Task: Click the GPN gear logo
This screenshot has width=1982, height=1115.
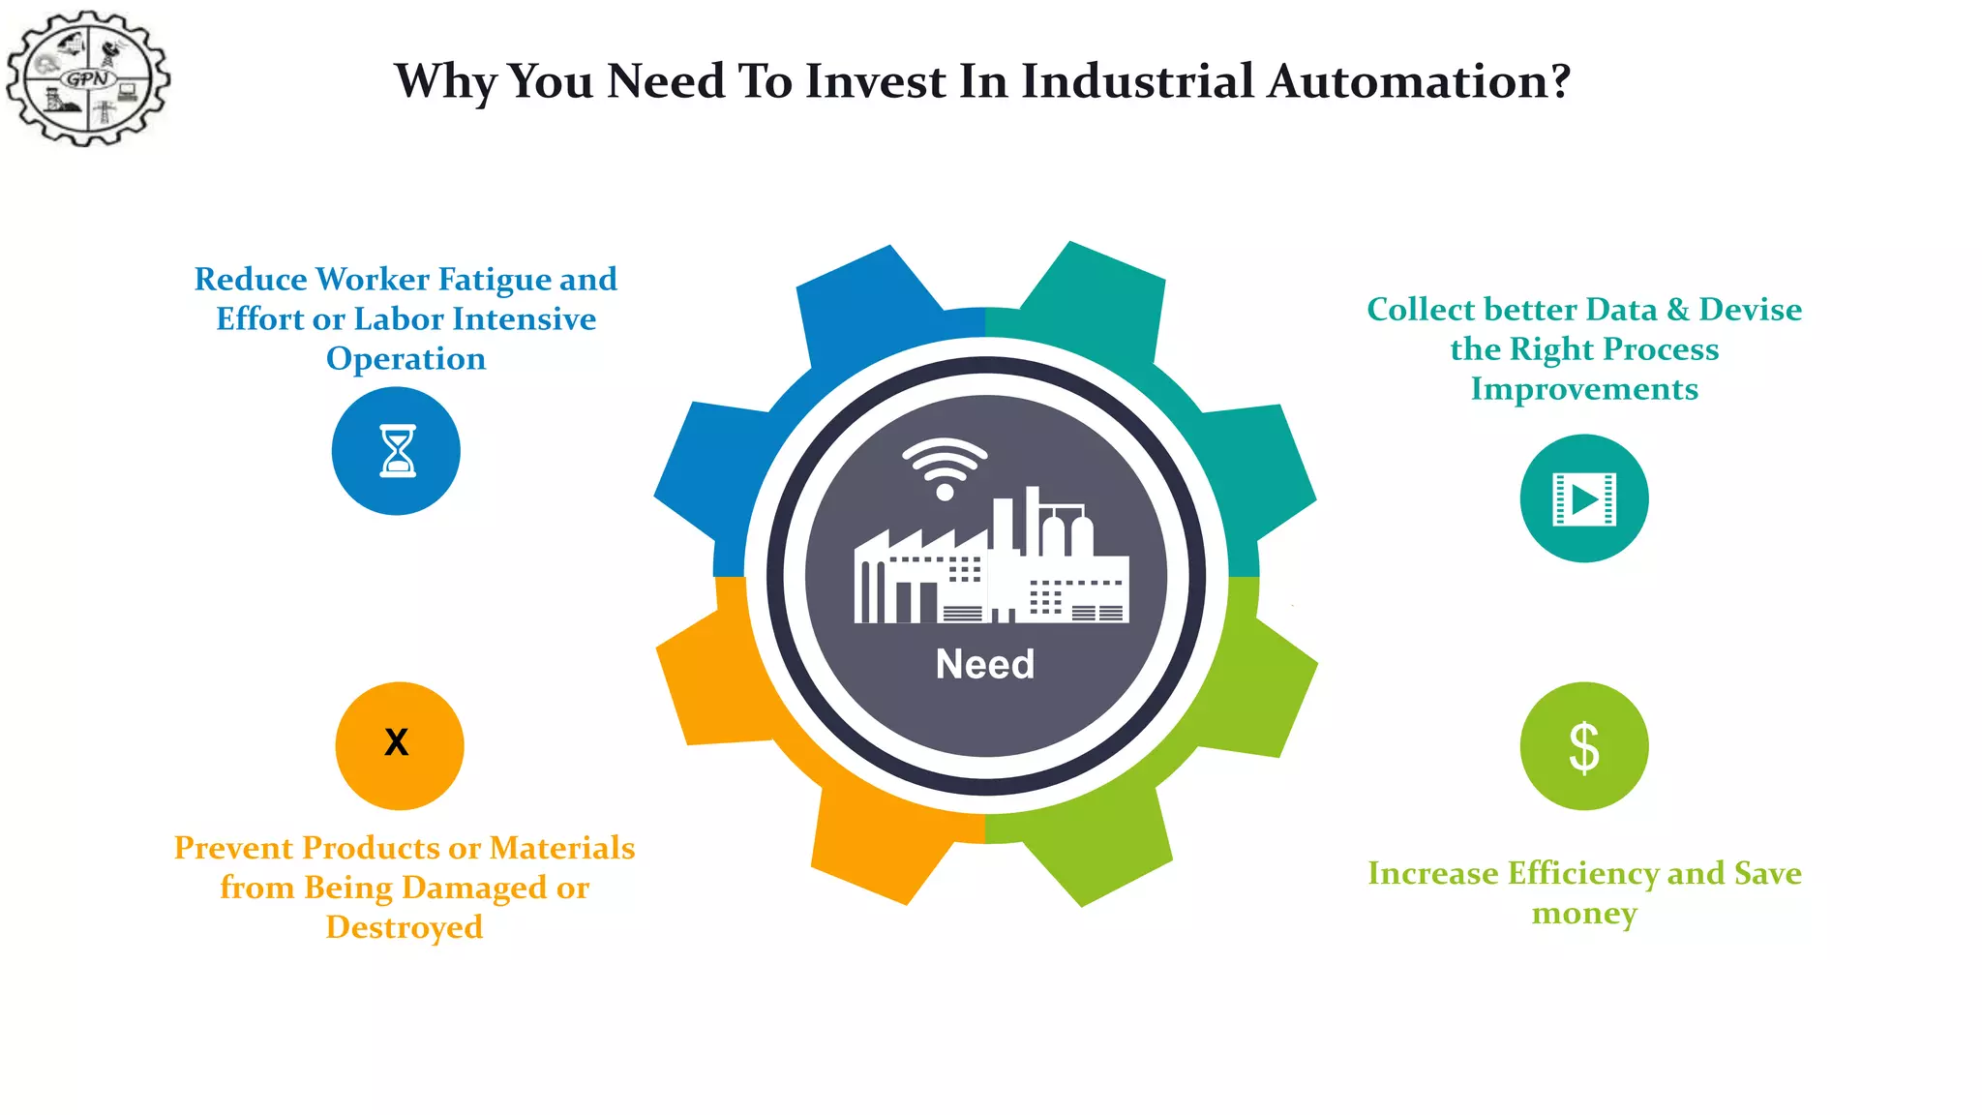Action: pos(88,78)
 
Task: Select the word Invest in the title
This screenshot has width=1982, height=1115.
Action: pos(875,81)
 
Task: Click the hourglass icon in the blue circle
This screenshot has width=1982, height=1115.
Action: pos(397,451)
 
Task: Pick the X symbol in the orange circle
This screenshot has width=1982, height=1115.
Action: pos(397,742)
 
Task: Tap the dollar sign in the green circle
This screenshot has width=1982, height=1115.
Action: pos(1584,747)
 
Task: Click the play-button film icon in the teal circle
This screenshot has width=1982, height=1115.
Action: pos(1584,499)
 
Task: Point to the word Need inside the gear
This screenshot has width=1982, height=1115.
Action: pos(985,665)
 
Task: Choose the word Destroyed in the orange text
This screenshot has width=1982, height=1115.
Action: pos(405,928)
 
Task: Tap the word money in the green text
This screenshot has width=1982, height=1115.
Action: pos(1584,914)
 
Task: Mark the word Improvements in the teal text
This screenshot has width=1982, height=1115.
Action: pos(1584,389)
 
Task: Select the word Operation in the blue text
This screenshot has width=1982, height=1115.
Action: pos(405,359)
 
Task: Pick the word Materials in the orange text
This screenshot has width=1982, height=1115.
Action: pos(562,848)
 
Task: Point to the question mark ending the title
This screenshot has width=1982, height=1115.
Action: pos(1559,81)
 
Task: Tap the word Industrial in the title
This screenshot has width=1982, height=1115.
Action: pos(1138,81)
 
